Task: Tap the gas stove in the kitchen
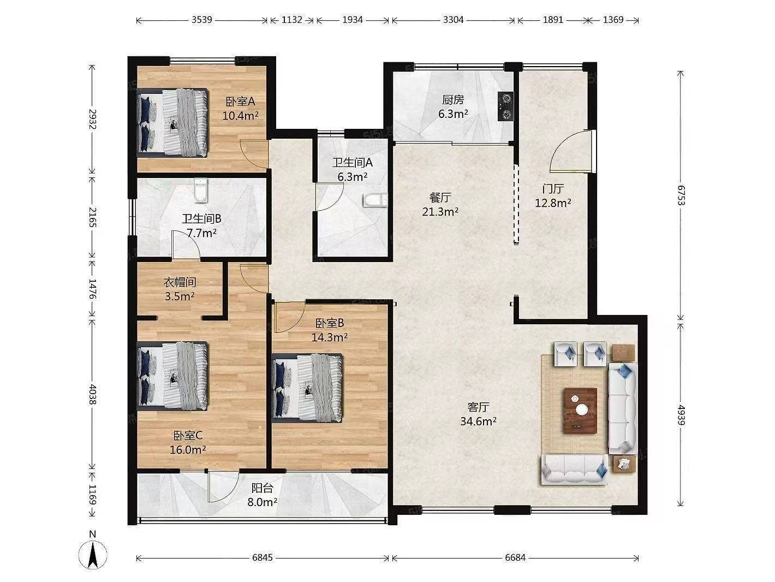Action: [505, 106]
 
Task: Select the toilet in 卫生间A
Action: [375, 200]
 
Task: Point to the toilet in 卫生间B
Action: [201, 191]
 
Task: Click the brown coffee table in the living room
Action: [581, 411]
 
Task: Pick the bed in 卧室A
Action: [172, 122]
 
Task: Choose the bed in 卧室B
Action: [307, 388]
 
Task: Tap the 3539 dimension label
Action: [202, 20]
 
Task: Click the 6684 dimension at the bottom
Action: [515, 557]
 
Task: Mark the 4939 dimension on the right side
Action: [681, 415]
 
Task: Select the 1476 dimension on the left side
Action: [92, 289]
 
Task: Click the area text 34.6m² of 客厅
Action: [479, 421]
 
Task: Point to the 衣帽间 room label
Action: [180, 282]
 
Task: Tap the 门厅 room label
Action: [553, 189]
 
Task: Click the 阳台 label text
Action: [263, 488]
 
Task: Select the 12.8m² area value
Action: [553, 203]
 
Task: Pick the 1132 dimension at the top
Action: [292, 20]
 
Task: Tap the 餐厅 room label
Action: [440, 198]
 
